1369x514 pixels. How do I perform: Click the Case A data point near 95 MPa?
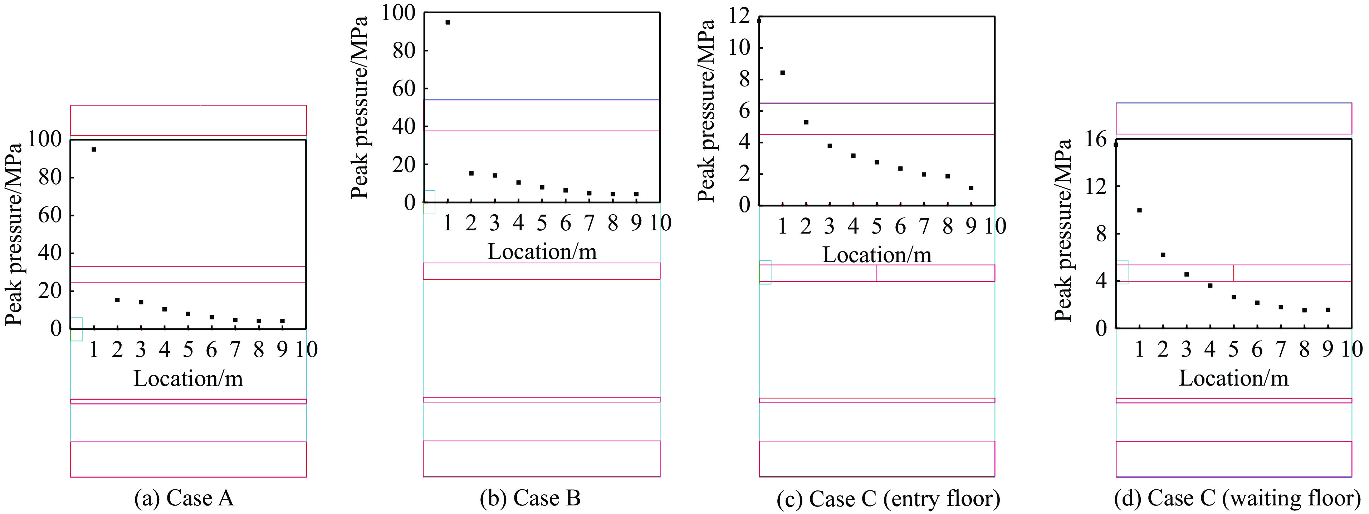point(93,150)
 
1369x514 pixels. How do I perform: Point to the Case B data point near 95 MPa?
point(448,22)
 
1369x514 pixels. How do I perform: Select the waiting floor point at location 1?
point(1139,210)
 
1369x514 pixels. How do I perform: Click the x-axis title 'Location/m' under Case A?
point(188,378)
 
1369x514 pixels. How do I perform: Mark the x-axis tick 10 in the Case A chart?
point(307,350)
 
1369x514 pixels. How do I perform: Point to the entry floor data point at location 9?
point(971,188)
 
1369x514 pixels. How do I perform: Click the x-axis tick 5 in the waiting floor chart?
point(1233,350)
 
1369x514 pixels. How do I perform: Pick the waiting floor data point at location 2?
point(1163,255)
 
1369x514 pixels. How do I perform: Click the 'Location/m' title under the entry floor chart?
point(877,255)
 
